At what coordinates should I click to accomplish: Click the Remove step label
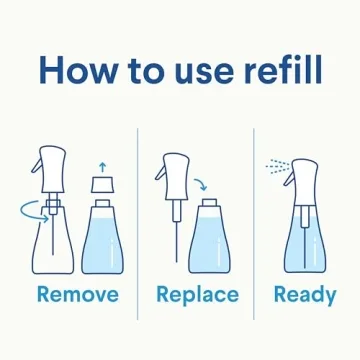click(77, 295)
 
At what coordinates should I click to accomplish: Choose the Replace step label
click(197, 295)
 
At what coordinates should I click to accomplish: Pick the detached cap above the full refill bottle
click(99, 185)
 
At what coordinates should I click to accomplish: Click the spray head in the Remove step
click(52, 165)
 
